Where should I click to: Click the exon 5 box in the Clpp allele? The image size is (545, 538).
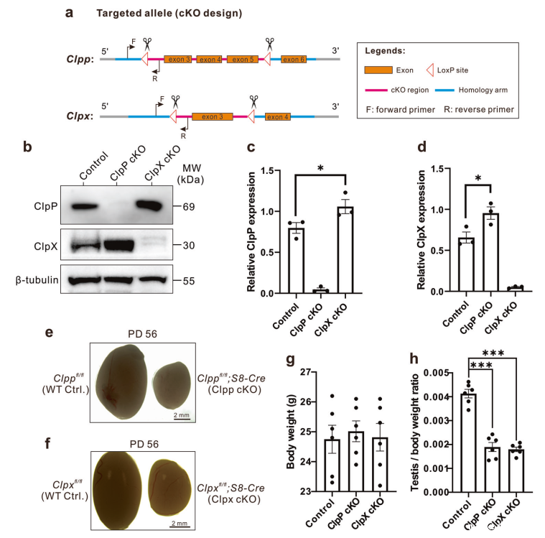243,59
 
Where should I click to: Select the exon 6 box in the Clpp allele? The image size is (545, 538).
294,59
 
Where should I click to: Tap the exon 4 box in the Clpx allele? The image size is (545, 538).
278,116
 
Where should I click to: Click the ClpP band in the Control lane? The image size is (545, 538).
85,204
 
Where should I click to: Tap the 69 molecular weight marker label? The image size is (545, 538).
188,205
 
